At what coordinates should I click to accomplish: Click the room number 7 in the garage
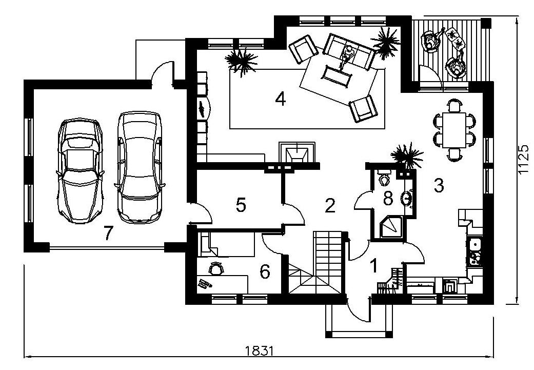(x=108, y=233)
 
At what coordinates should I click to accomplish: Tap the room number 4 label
(x=280, y=99)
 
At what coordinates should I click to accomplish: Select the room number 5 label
(x=241, y=205)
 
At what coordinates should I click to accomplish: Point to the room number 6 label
(x=265, y=271)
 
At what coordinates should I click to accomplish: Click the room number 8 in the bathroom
(x=388, y=198)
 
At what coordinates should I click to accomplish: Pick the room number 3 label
(x=439, y=186)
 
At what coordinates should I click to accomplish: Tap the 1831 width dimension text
(x=260, y=350)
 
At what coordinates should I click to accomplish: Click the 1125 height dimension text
(x=523, y=160)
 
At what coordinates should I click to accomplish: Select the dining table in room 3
(x=454, y=130)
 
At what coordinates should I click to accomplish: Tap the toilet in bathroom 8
(x=384, y=177)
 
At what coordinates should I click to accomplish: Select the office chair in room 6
(x=216, y=268)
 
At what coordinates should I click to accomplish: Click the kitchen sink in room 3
(x=474, y=244)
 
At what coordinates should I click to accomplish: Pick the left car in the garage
(x=80, y=171)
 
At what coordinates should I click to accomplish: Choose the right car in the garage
(x=140, y=167)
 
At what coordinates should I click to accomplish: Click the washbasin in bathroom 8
(x=407, y=198)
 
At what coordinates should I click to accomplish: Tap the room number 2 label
(x=330, y=205)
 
